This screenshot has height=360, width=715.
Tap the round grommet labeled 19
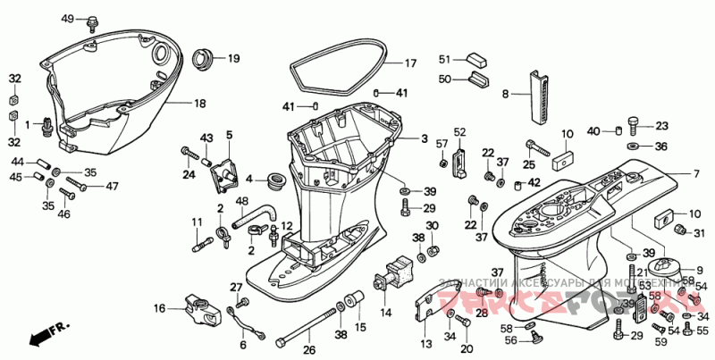205,60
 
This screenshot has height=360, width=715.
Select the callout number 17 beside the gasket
410,63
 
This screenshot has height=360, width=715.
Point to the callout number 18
199,103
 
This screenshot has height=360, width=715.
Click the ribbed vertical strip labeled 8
538,95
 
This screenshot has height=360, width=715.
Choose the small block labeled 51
474,60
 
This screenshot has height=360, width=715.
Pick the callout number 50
444,80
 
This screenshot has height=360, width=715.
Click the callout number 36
660,147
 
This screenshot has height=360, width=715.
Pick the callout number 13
425,342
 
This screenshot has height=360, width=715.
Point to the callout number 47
112,187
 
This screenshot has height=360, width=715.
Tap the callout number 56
509,339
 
